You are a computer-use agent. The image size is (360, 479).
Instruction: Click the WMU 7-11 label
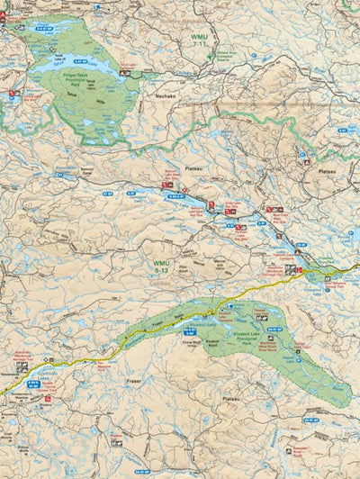coord(199,39)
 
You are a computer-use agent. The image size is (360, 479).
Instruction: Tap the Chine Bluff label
coord(191,343)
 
